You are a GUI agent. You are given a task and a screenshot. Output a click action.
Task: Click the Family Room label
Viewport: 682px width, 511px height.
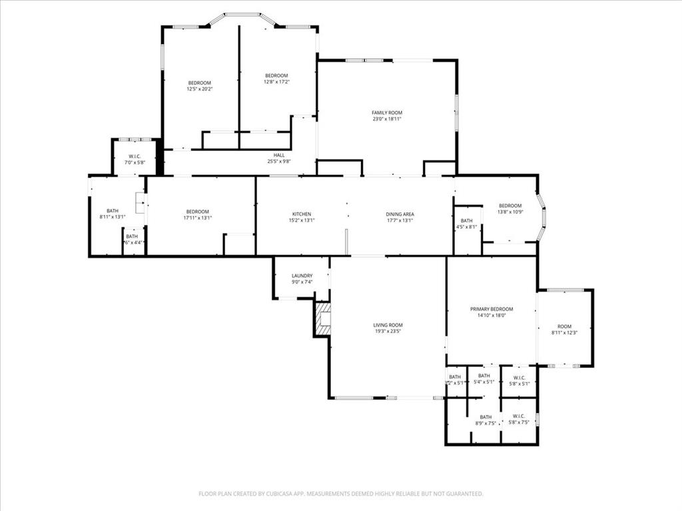pos(387,113)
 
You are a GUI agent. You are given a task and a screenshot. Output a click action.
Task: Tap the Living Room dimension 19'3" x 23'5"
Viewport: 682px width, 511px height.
pos(388,331)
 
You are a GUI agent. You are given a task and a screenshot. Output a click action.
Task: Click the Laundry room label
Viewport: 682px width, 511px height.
pos(302,276)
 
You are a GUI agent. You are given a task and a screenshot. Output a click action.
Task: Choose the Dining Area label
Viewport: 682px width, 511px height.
pos(400,214)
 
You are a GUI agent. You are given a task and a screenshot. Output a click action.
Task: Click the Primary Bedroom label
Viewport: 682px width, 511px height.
pos(492,309)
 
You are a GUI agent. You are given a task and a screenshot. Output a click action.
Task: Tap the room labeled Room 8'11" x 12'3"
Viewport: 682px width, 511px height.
pos(564,329)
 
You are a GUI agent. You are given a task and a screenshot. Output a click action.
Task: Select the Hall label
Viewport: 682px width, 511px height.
pos(278,155)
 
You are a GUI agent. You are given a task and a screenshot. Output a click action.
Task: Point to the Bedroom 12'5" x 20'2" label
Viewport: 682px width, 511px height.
pos(199,83)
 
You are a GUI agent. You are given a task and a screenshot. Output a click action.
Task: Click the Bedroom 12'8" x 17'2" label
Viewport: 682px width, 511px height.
pos(276,75)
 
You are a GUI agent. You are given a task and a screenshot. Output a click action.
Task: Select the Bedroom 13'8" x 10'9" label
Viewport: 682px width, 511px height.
pos(510,206)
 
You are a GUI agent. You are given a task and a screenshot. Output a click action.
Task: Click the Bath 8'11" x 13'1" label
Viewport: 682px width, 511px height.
pos(113,211)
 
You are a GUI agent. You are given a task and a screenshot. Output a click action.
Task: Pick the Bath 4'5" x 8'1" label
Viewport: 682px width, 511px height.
pos(466,221)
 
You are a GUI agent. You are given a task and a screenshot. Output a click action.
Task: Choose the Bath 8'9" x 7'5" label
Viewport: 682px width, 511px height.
pos(486,417)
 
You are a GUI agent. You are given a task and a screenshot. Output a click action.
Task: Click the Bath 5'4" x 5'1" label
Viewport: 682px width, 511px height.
pos(484,376)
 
